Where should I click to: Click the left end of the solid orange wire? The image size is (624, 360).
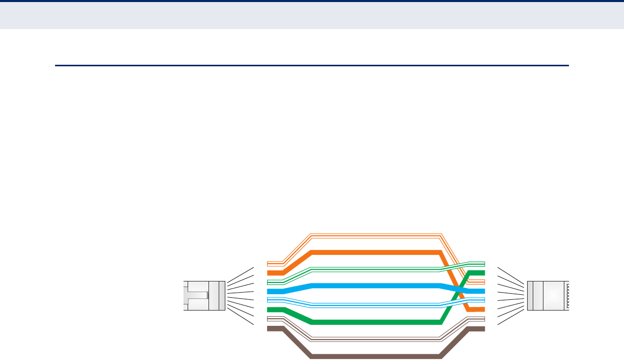269,273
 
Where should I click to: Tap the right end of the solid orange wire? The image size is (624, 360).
482,310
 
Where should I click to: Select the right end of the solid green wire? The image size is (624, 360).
482,273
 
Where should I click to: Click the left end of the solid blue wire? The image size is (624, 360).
269,291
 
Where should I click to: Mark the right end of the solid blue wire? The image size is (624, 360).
482,291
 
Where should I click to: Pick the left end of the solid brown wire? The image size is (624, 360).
269,328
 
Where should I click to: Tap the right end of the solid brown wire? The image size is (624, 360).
482,328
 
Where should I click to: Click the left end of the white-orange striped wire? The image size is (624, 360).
269,264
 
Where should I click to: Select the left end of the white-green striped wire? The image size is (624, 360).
269,282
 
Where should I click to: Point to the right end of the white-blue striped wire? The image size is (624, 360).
482,300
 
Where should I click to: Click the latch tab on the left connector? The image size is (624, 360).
196,295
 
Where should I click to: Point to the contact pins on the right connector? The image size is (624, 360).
567,295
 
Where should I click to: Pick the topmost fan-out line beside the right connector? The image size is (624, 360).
510,273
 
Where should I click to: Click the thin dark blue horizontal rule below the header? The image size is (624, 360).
311,65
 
